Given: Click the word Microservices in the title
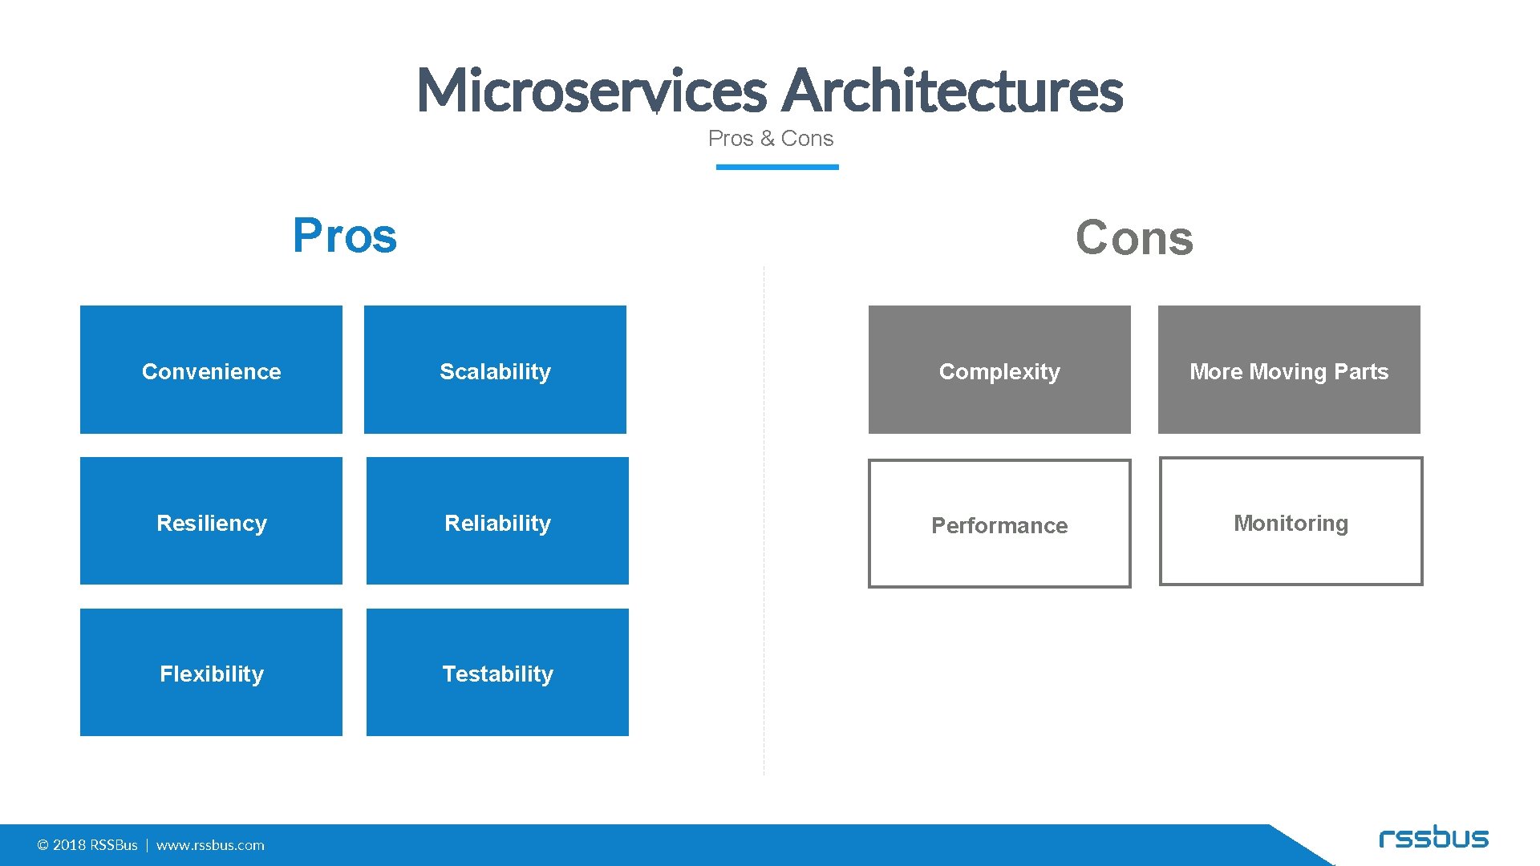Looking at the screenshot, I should (592, 90).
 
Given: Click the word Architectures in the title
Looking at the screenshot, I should (952, 90).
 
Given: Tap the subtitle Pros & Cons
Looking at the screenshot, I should (770, 139).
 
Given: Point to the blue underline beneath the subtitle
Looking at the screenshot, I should (776, 167).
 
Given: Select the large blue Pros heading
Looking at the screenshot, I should (345, 236).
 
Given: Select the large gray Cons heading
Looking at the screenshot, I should (1134, 238).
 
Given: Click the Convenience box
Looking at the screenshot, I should (211, 370).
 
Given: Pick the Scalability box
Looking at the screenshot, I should (495, 370).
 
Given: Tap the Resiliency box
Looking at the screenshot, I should (211, 521).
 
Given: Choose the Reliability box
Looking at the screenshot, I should (497, 521).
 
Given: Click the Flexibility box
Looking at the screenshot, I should (211, 672).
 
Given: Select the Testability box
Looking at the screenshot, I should (497, 672).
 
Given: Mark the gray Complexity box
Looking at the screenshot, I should (999, 370).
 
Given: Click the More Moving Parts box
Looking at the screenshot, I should (1289, 370).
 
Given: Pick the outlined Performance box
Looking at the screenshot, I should (999, 524).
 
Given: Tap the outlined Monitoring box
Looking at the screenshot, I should (1291, 521).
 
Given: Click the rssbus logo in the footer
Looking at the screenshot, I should (1433, 838).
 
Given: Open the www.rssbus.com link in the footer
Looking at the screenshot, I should (210, 845).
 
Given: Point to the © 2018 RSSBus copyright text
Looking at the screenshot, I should (87, 845).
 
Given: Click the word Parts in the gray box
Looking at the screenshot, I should (1361, 372).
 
